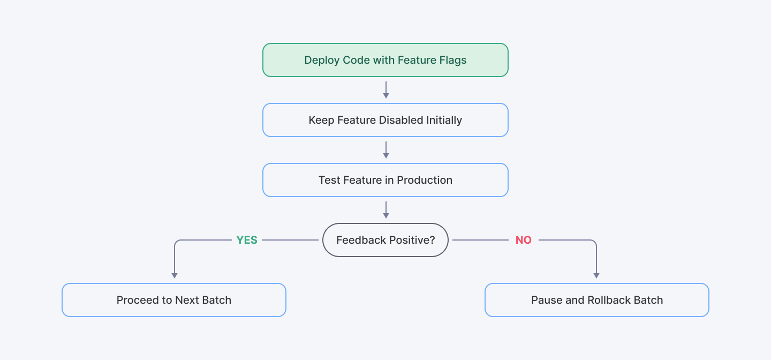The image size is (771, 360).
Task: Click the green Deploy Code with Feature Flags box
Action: click(x=385, y=60)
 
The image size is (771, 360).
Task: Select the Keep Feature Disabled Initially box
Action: click(x=385, y=120)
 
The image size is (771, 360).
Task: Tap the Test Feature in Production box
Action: click(x=385, y=180)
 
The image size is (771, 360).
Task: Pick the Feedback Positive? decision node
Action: click(x=385, y=240)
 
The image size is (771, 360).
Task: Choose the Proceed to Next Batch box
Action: click(x=174, y=300)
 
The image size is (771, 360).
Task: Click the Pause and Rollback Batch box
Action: click(x=596, y=300)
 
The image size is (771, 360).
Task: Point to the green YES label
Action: click(x=247, y=240)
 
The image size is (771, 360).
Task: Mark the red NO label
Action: click(x=523, y=240)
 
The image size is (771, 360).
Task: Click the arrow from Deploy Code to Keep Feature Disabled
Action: click(x=385, y=90)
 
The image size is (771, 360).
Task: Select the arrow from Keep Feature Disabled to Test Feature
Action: click(x=385, y=150)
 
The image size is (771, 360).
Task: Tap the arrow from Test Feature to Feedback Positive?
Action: click(x=385, y=210)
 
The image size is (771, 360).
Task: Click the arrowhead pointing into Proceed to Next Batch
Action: click(x=174, y=275)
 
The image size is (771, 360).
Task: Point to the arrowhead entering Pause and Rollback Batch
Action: click(x=596, y=275)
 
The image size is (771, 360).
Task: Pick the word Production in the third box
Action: click(x=424, y=180)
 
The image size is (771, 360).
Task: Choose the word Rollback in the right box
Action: click(x=609, y=300)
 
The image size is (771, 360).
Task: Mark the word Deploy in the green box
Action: click(x=320, y=60)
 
